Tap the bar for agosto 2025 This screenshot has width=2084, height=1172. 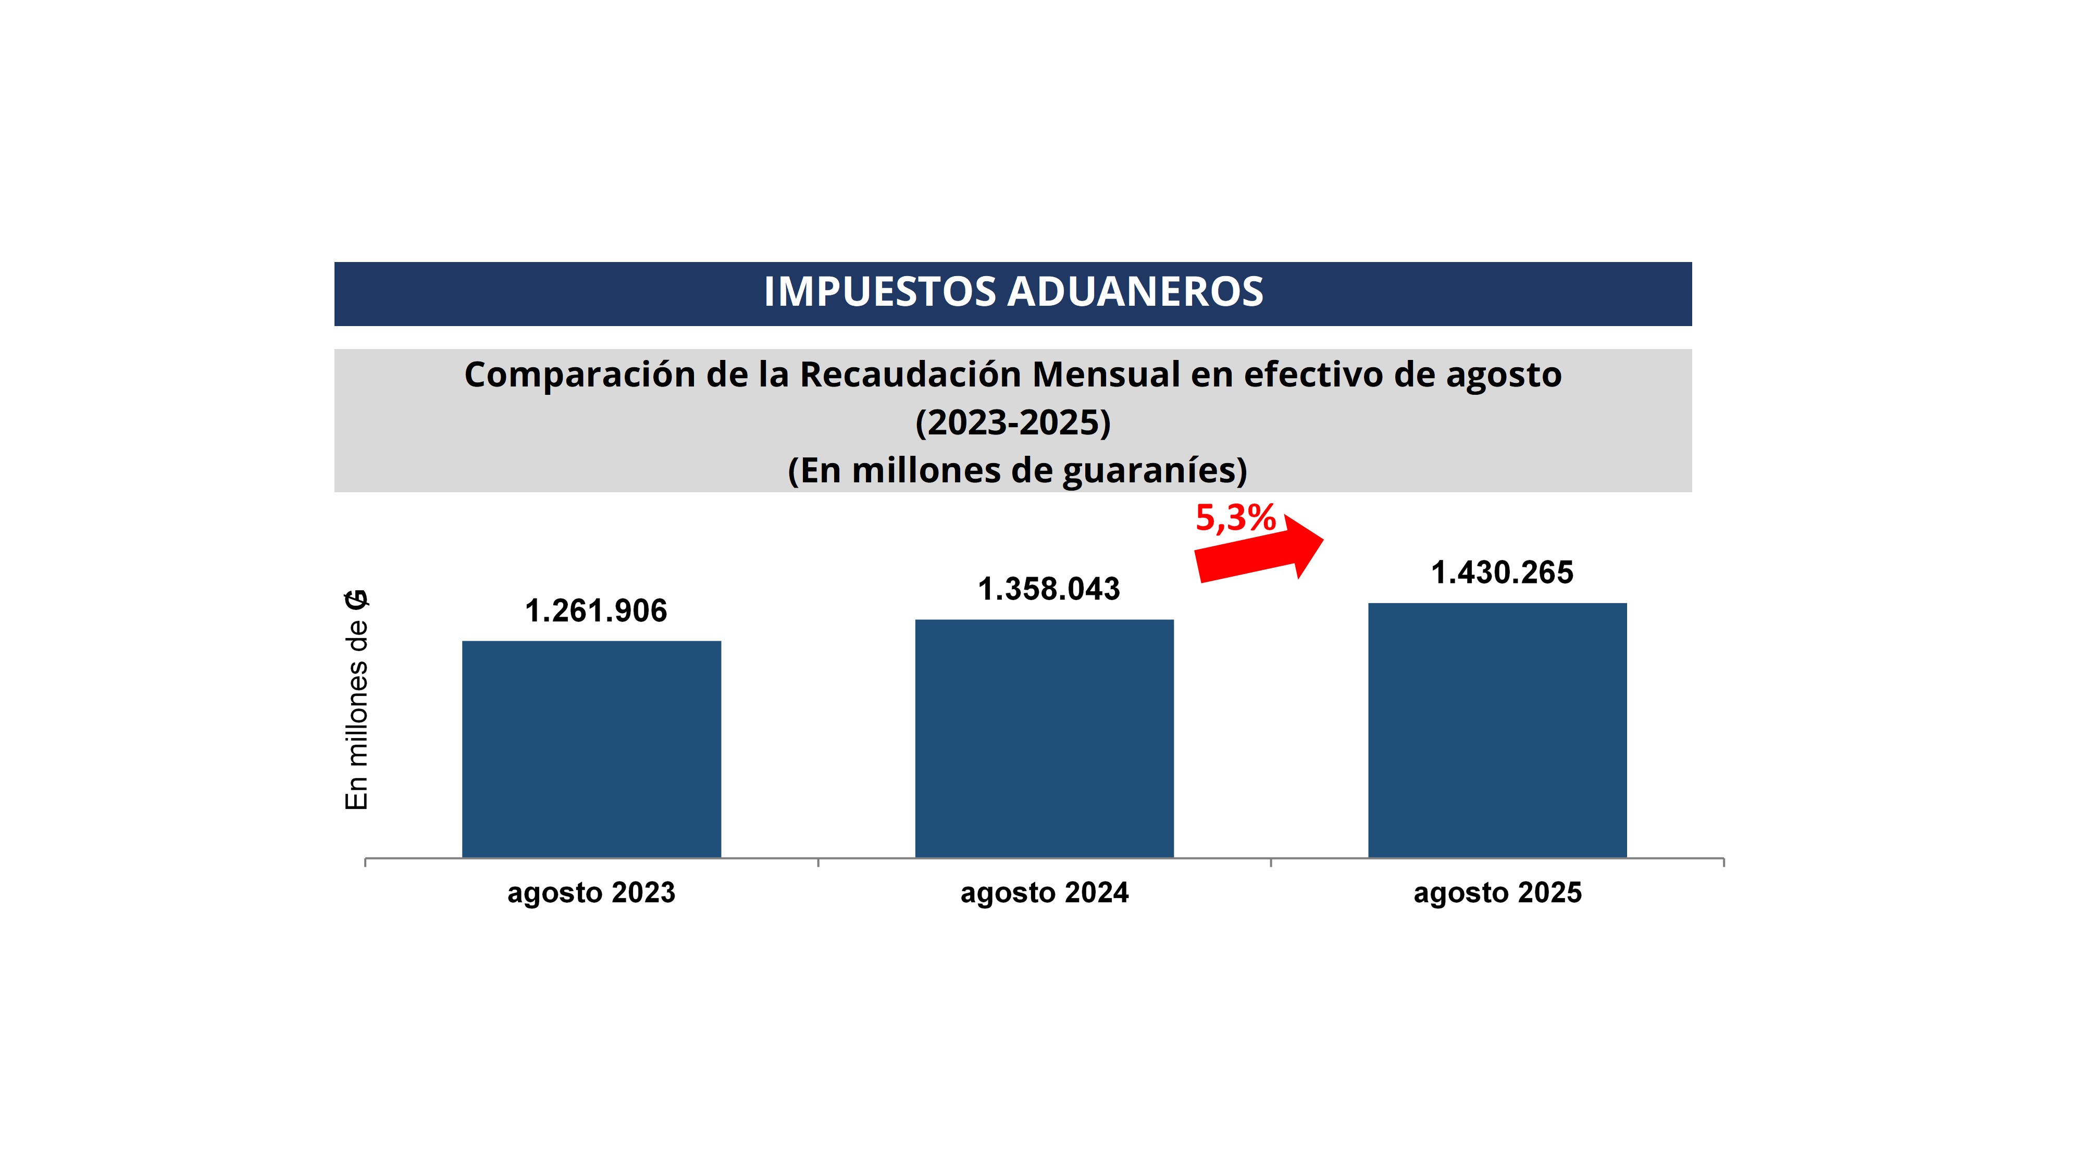click(1497, 730)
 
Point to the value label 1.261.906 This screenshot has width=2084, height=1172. click(596, 610)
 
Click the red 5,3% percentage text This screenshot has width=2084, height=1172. click(1235, 518)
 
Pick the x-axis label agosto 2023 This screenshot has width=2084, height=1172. click(591, 893)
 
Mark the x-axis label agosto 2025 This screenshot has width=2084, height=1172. click(1497, 893)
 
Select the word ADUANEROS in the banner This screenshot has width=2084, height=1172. click(1135, 292)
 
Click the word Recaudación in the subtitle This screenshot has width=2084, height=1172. click(910, 375)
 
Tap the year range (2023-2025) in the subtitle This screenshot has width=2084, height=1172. click(1013, 422)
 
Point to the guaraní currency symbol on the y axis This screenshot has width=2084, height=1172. click(357, 600)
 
